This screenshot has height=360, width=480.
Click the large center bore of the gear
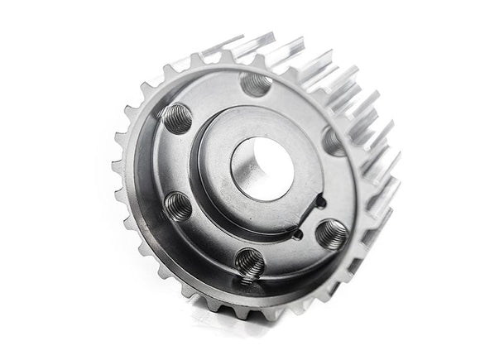(262, 168)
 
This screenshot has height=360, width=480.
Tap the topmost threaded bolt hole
(255, 83)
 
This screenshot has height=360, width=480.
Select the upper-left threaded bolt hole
(176, 118)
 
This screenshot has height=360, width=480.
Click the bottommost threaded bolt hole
(249, 263)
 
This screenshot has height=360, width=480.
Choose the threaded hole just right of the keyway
(332, 234)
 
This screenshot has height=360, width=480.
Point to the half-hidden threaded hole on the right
(334, 142)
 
